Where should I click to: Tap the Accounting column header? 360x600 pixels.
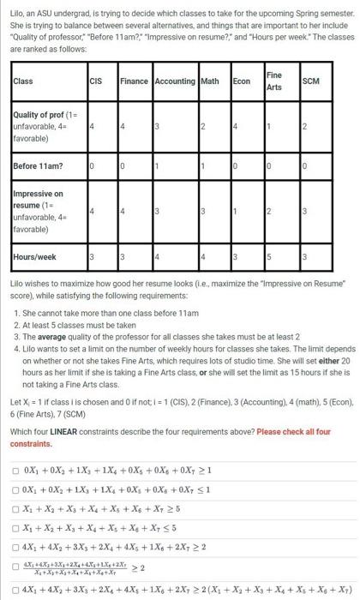(x=174, y=81)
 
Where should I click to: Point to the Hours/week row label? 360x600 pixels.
(x=35, y=255)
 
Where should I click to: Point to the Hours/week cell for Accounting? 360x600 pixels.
(x=157, y=256)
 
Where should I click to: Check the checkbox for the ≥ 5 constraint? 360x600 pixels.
(x=15, y=507)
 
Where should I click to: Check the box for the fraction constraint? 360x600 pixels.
(x=15, y=566)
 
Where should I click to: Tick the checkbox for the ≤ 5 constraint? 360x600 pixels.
(x=15, y=525)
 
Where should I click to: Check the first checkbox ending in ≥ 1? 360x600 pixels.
(x=15, y=470)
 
